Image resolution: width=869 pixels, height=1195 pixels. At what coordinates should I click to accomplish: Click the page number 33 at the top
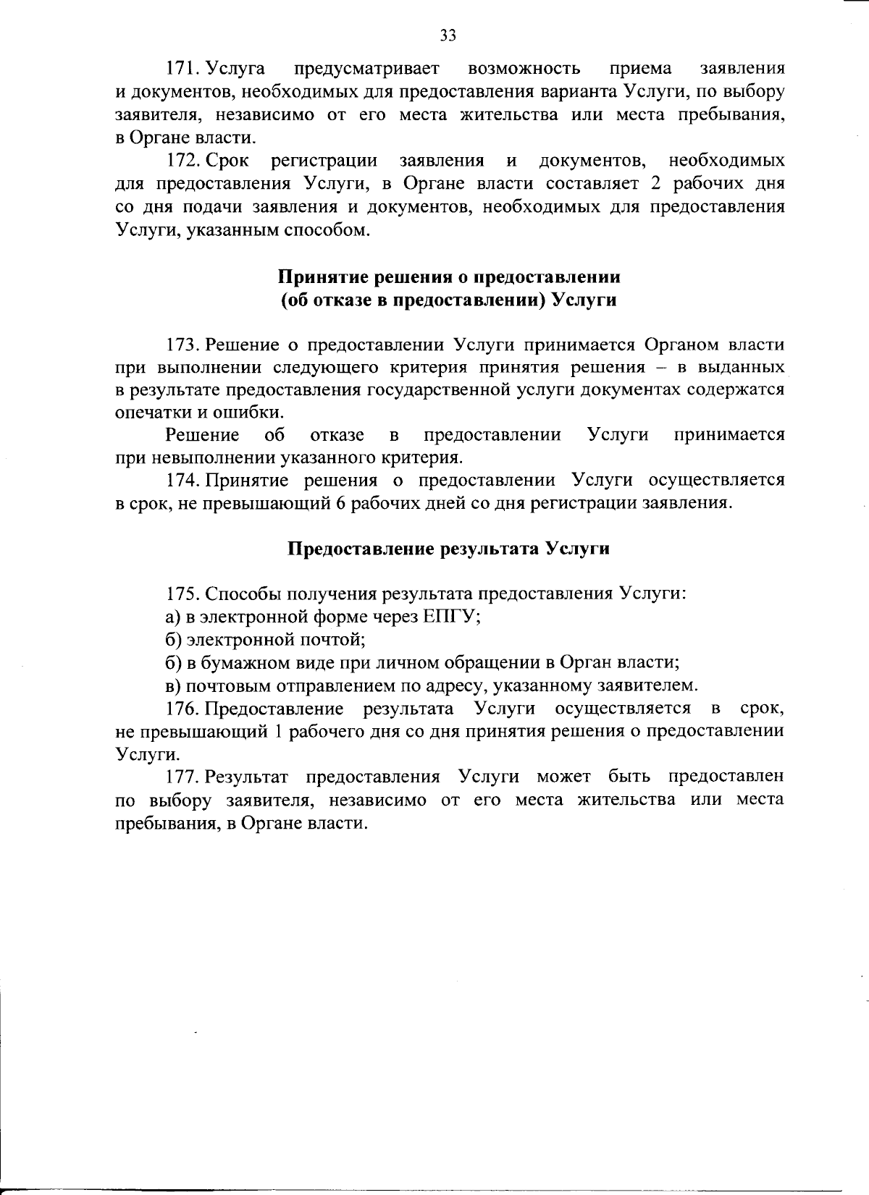(448, 35)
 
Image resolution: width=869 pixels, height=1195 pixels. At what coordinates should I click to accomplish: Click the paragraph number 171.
(181, 69)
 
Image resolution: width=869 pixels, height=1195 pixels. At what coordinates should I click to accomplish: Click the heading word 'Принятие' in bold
(315, 276)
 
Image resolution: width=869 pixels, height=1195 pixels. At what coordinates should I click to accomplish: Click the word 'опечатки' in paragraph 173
(148, 412)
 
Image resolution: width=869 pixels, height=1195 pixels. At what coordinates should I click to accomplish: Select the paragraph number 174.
(181, 480)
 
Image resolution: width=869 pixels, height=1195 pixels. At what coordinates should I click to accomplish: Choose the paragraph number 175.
(181, 594)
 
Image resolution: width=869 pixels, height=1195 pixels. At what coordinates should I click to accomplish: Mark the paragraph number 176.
(181, 707)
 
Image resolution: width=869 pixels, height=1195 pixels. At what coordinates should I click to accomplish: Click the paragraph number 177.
(181, 777)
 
